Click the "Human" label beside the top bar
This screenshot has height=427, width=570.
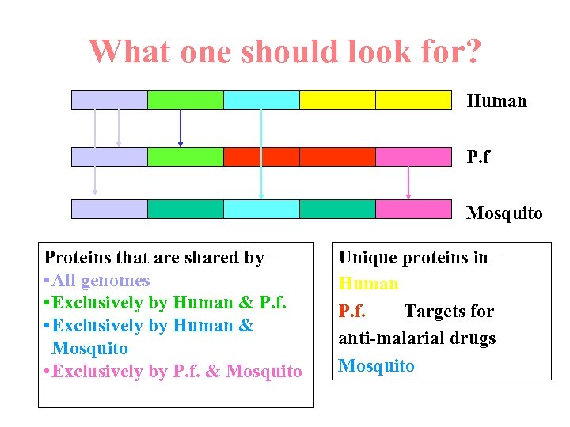click(496, 100)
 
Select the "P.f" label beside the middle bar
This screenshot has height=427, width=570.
click(478, 157)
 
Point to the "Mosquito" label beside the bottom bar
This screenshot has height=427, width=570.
click(504, 213)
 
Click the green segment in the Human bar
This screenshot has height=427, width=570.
click(185, 100)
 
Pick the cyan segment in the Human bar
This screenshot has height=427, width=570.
click(261, 100)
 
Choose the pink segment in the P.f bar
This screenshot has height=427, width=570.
click(412, 157)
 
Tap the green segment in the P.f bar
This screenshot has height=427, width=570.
click(185, 157)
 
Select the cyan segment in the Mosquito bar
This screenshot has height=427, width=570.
click(261, 209)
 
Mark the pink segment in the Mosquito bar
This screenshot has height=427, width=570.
click(412, 209)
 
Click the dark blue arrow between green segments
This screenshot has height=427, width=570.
click(180, 128)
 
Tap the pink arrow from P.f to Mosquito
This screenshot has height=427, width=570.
click(408, 183)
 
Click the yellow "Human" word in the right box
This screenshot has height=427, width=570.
click(368, 283)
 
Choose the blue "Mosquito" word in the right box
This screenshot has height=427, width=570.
click(376, 365)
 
